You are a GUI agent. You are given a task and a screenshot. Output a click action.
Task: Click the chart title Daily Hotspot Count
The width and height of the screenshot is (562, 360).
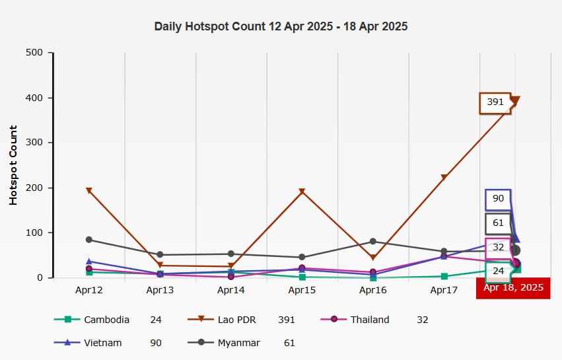pyautogui.click(x=281, y=27)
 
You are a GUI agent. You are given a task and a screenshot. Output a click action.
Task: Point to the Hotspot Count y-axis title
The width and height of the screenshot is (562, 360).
pyautogui.click(x=13, y=165)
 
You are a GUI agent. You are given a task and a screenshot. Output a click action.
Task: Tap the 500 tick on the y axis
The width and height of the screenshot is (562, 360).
pyautogui.click(x=34, y=53)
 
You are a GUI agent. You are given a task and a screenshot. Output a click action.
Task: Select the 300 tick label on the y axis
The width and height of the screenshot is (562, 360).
pyautogui.click(x=34, y=143)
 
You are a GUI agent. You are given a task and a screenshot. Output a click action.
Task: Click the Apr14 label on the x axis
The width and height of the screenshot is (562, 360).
pyautogui.click(x=231, y=290)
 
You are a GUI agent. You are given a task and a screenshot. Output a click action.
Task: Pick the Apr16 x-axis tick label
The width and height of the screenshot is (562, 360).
pyautogui.click(x=373, y=290)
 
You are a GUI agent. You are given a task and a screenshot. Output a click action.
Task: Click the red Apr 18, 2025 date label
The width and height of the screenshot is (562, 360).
pyautogui.click(x=513, y=287)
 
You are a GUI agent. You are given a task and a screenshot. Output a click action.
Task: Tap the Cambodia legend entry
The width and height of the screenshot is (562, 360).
pyautogui.click(x=106, y=320)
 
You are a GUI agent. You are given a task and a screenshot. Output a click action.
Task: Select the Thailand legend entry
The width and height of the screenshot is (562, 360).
pyautogui.click(x=370, y=320)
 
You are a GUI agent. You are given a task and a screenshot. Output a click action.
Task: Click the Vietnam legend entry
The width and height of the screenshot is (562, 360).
pyautogui.click(x=103, y=343)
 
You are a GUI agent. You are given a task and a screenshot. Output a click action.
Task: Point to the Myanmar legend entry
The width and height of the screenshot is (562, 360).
pyautogui.click(x=237, y=343)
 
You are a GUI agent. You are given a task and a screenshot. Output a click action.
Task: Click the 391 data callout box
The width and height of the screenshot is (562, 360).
pyautogui.click(x=495, y=102)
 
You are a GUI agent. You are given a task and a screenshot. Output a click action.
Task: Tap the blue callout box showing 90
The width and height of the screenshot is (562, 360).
pyautogui.click(x=498, y=199)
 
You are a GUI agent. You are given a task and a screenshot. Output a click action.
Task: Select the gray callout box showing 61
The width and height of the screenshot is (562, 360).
pyautogui.click(x=498, y=223)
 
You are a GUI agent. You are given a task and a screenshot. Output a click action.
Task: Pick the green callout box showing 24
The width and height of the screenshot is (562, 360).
pyautogui.click(x=497, y=271)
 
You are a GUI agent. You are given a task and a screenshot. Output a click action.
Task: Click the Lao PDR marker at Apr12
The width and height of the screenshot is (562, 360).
pyautogui.click(x=89, y=191)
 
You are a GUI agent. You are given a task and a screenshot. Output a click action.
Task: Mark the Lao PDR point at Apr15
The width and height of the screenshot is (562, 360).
pyautogui.click(x=302, y=192)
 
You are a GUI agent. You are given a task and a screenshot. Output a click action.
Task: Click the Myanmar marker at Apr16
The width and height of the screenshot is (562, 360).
pyautogui.click(x=373, y=242)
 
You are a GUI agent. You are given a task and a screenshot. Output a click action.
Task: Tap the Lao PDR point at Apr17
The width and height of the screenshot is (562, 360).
pyautogui.click(x=444, y=178)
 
